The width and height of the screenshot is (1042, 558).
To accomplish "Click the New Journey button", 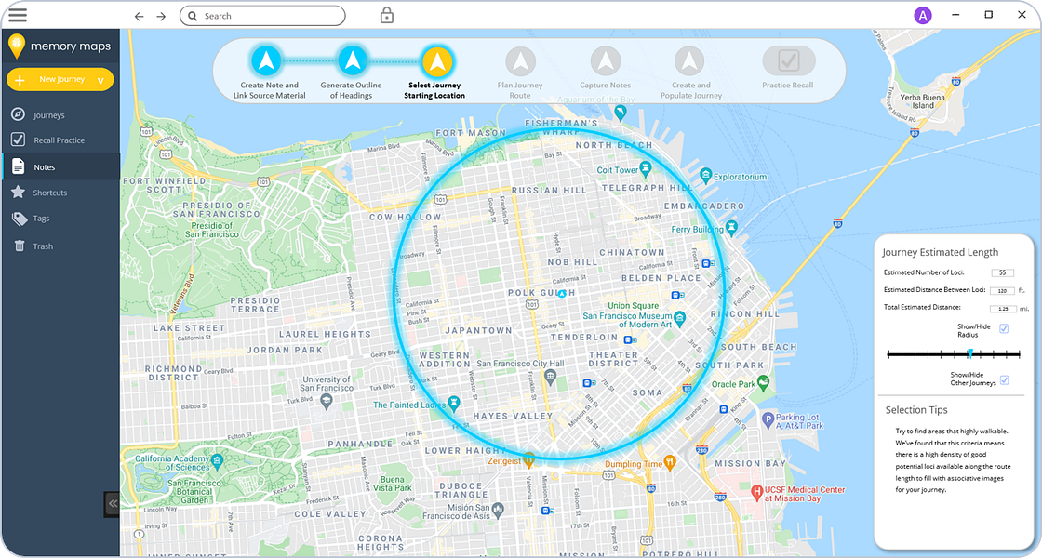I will pyautogui.click(x=60, y=80).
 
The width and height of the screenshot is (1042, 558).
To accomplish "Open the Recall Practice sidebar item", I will pyautogui.click(x=59, y=140).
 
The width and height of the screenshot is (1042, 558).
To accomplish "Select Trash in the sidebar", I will pyautogui.click(x=43, y=246).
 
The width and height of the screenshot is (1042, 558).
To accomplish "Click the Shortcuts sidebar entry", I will pyautogui.click(x=50, y=193).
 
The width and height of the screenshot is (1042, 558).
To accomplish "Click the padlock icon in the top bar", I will pyautogui.click(x=386, y=15).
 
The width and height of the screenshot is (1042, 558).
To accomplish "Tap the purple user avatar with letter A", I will pyautogui.click(x=922, y=15).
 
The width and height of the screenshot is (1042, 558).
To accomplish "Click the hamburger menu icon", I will pyautogui.click(x=17, y=15).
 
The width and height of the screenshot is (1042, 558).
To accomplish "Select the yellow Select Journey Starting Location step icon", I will pyautogui.click(x=436, y=61).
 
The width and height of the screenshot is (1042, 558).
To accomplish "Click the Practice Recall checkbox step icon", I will pyautogui.click(x=788, y=61).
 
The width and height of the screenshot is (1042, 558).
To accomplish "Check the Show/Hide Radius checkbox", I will pyautogui.click(x=1003, y=328).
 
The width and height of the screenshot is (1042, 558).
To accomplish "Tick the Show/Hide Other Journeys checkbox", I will pyautogui.click(x=1003, y=379).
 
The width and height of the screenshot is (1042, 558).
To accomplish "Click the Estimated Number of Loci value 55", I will pyautogui.click(x=1002, y=272).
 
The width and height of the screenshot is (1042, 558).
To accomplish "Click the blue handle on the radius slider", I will pyautogui.click(x=969, y=353).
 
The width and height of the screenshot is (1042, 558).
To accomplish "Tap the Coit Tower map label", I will pyautogui.click(x=618, y=170).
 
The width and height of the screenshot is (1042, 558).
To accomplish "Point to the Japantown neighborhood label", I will pyautogui.click(x=478, y=330).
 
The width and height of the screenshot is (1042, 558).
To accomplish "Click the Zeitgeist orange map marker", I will pyautogui.click(x=528, y=458).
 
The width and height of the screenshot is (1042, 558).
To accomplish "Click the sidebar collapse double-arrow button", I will pyautogui.click(x=112, y=503).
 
